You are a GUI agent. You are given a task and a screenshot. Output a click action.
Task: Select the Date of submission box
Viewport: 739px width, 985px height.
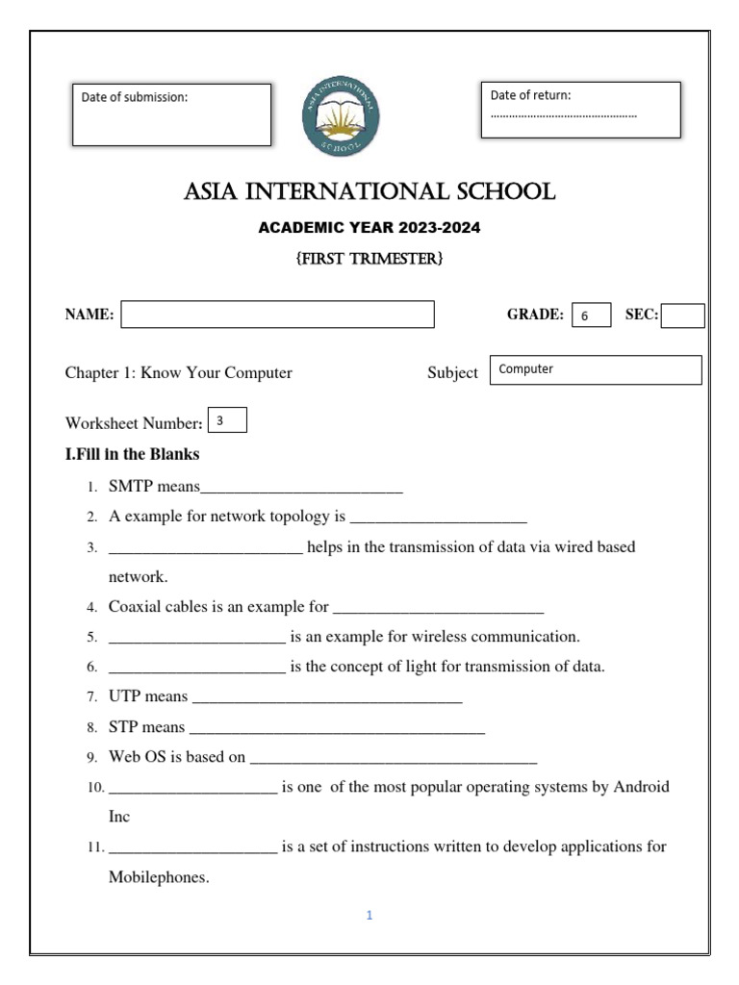pos(171,114)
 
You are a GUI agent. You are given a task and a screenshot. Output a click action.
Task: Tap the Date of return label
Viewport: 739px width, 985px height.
pos(530,95)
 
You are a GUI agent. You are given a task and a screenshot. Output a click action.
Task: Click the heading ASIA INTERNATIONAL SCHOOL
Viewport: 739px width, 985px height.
pos(369,192)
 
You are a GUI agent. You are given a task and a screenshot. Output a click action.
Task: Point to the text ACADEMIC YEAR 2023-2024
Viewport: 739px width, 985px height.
pos(369,228)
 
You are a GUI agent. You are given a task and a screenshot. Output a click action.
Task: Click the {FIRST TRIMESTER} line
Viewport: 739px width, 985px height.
pos(369,259)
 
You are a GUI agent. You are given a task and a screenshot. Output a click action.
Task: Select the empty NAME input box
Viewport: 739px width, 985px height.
pos(277,315)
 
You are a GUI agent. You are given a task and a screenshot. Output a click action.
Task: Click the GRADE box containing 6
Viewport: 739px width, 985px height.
pos(591,316)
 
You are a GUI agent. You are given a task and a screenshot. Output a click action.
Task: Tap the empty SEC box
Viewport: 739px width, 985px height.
pos(682,316)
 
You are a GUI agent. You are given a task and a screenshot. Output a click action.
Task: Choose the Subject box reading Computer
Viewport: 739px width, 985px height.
pos(596,369)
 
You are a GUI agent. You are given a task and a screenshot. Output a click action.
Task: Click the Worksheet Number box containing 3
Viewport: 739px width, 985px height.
pos(227,420)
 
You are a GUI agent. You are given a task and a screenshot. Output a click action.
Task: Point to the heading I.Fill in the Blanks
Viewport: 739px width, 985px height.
pos(132,454)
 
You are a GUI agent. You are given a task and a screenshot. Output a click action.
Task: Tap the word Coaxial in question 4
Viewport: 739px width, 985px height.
pos(134,607)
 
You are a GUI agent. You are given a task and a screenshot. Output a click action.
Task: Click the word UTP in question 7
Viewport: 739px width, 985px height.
pos(124,695)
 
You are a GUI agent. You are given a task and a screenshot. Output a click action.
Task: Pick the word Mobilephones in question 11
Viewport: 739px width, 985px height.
pos(158,877)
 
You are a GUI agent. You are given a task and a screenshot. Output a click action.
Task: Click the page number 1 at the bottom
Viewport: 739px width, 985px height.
pos(369,916)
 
